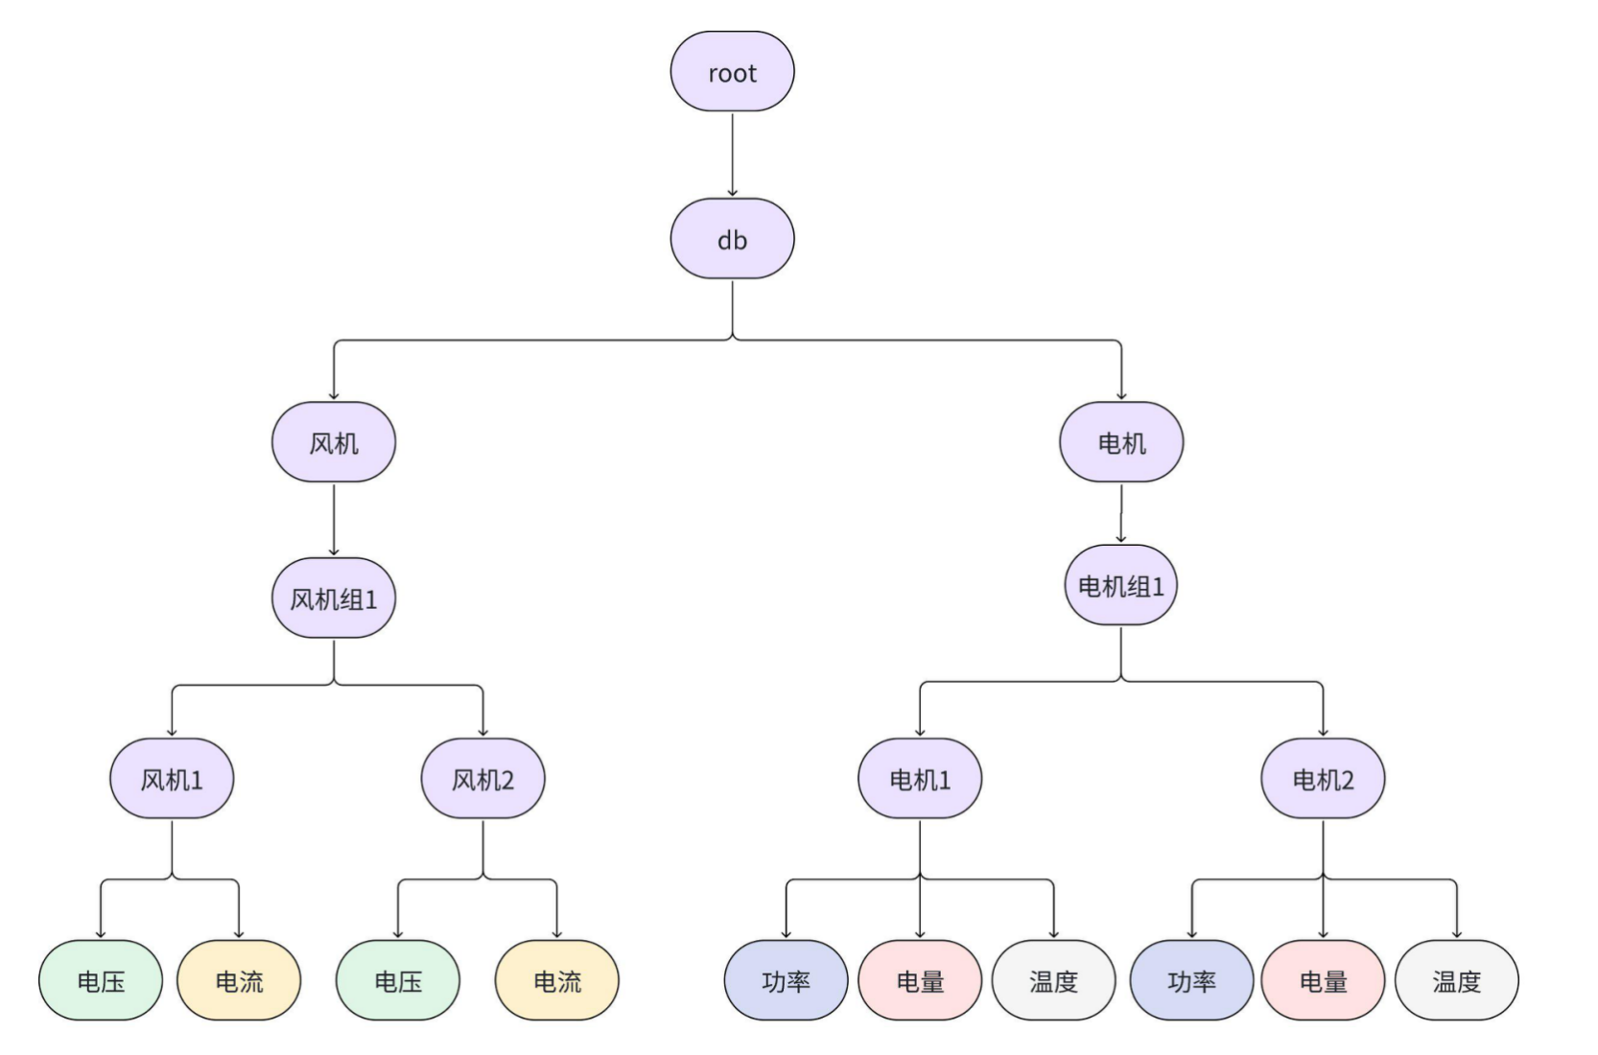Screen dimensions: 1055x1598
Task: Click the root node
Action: (732, 72)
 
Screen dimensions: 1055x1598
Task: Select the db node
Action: (732, 239)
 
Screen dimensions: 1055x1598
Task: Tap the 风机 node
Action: (334, 442)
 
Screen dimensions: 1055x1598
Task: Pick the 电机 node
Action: (1121, 442)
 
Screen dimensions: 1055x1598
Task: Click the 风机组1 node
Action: (334, 598)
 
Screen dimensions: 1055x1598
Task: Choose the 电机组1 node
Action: (1121, 585)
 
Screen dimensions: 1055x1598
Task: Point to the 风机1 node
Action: (172, 779)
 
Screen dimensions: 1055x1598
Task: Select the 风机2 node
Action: (482, 779)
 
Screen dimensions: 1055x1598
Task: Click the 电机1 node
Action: (920, 779)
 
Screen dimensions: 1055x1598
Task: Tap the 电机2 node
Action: (1323, 779)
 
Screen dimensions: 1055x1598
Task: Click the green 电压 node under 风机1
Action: (101, 980)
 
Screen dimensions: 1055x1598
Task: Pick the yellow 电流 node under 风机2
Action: (557, 980)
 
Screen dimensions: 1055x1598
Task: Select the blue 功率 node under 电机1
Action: (786, 980)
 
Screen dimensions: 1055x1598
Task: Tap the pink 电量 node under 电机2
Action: (1323, 980)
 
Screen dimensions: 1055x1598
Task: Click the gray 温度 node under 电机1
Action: (1053, 980)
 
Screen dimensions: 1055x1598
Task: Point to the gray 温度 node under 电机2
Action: (1456, 980)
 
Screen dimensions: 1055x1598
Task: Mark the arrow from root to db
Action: (732, 154)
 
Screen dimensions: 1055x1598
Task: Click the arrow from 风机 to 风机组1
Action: (334, 519)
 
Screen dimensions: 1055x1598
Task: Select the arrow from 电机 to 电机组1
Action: (1121, 513)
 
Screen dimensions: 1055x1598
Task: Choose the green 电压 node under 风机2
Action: (398, 980)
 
